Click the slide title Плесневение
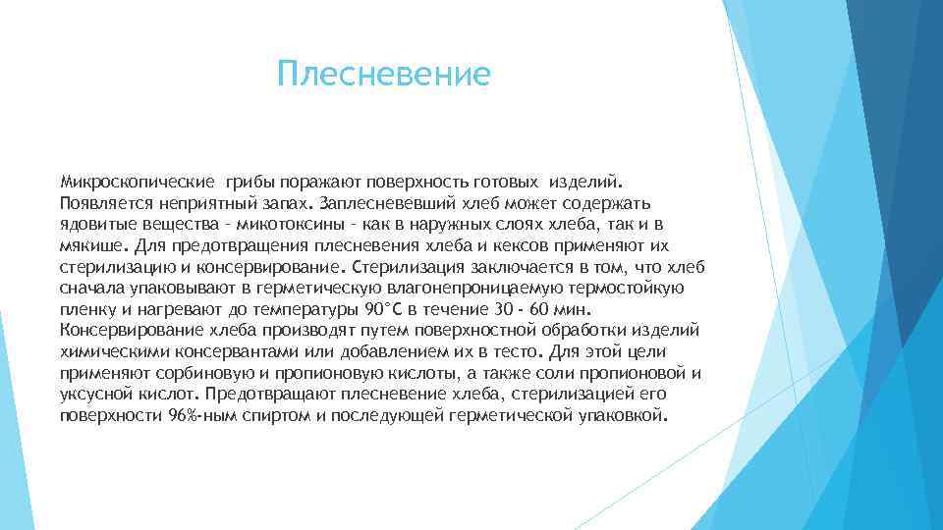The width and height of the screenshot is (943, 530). (x=382, y=75)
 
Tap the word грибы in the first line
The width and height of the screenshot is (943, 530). (x=250, y=182)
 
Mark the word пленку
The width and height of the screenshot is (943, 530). (x=88, y=310)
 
